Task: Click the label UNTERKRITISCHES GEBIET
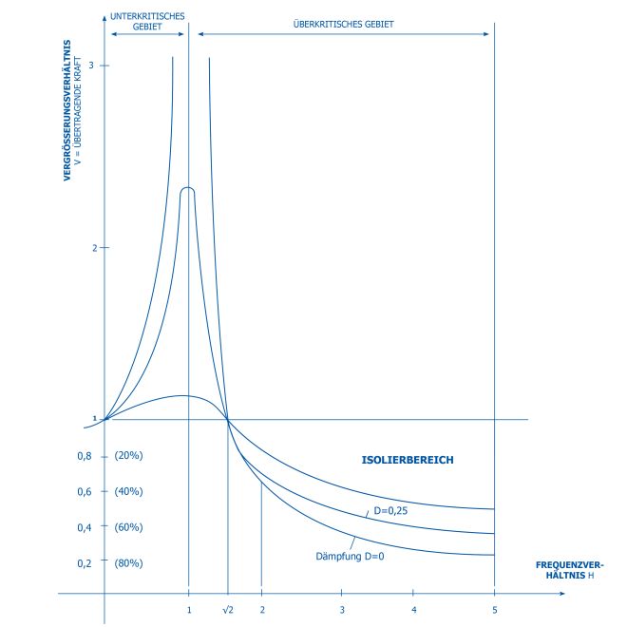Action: click(x=147, y=21)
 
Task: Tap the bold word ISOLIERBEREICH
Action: click(x=407, y=460)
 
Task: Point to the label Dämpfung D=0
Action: click(x=350, y=555)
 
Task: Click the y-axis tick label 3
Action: click(x=91, y=65)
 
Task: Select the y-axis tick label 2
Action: click(x=91, y=248)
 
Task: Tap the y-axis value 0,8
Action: click(x=84, y=456)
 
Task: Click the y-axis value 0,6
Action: click(x=84, y=491)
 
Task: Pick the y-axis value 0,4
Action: click(x=84, y=527)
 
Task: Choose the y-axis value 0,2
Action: click(x=84, y=563)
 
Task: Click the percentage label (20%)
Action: click(x=127, y=456)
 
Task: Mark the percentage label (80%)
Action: click(x=127, y=563)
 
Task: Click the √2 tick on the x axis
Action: click(x=227, y=608)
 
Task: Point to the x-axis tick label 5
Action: click(x=494, y=608)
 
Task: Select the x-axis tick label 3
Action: click(x=342, y=608)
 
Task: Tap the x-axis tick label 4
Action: click(x=414, y=608)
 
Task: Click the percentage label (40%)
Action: click(x=127, y=491)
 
